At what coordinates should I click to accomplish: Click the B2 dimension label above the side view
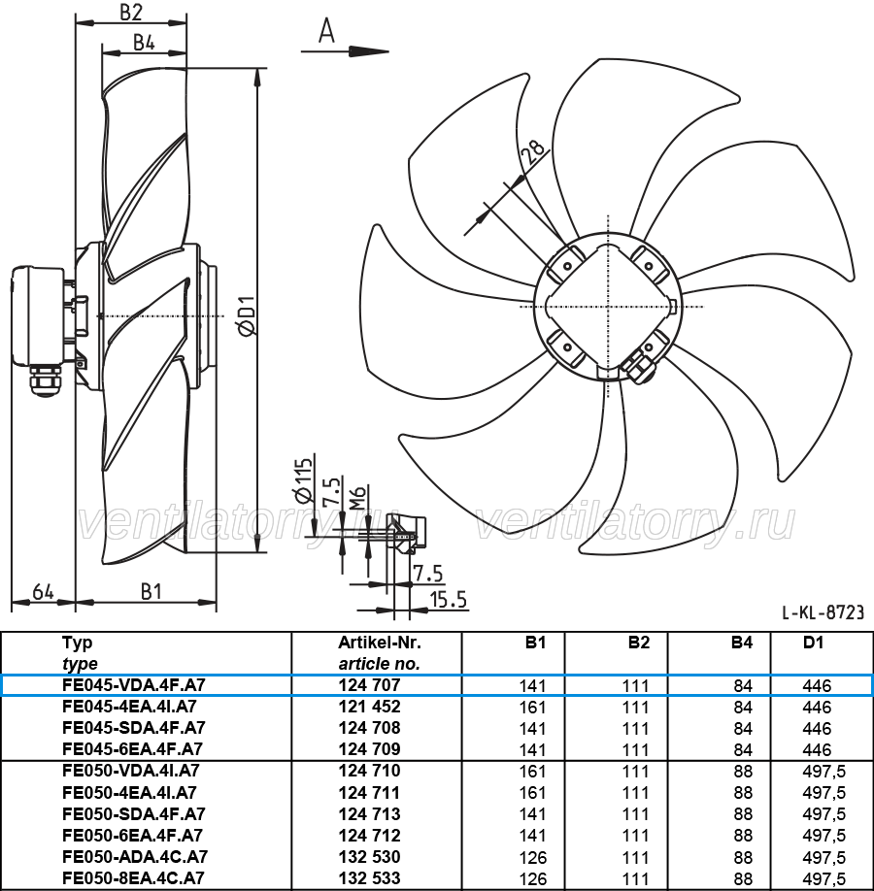pyautogui.click(x=131, y=12)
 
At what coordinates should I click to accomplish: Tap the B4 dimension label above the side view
pyautogui.click(x=144, y=43)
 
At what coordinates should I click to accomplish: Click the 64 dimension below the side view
pyautogui.click(x=44, y=591)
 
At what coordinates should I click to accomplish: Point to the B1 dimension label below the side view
pyautogui.click(x=151, y=591)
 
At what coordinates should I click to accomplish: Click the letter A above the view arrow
pyautogui.click(x=326, y=31)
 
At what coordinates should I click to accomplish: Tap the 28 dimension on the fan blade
pyautogui.click(x=533, y=151)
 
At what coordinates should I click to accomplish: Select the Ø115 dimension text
pyautogui.click(x=304, y=479)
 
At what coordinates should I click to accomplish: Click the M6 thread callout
pyautogui.click(x=356, y=497)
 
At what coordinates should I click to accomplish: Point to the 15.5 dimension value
pyautogui.click(x=448, y=600)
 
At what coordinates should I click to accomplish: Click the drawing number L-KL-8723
pyautogui.click(x=823, y=612)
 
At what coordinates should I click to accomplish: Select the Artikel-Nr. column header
pyautogui.click(x=380, y=643)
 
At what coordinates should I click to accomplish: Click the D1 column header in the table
pyautogui.click(x=813, y=643)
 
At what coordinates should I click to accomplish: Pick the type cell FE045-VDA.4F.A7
pyautogui.click(x=134, y=685)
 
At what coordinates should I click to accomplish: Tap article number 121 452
pyautogui.click(x=370, y=707)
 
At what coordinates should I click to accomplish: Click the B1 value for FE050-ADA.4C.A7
pyautogui.click(x=533, y=857)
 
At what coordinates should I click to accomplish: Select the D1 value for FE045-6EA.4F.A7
pyautogui.click(x=817, y=750)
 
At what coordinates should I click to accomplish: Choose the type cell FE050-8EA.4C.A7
pyautogui.click(x=133, y=878)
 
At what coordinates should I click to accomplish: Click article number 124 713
pyautogui.click(x=370, y=814)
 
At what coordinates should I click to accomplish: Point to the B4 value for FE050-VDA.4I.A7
pyautogui.click(x=743, y=772)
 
